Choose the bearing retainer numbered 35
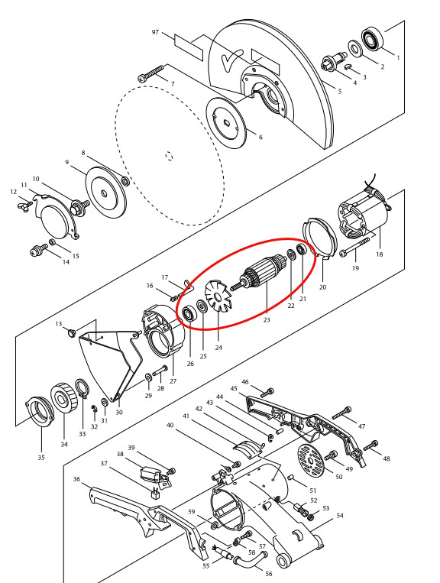point(38,412)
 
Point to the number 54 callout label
point(340,516)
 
